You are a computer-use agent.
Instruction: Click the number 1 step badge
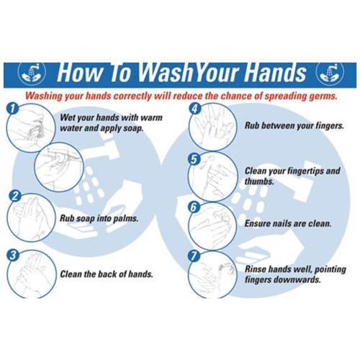tap(12, 109)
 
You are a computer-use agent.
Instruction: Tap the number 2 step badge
tap(15, 197)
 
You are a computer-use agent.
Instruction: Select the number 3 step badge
tap(13, 255)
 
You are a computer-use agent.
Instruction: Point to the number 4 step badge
tap(194, 109)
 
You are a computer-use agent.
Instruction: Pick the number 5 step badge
tap(194, 159)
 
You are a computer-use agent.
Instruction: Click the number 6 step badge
tap(194, 207)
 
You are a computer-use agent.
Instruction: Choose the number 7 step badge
tap(194, 256)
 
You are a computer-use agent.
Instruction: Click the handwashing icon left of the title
tap(32, 73)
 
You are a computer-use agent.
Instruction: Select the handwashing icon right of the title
tap(330, 73)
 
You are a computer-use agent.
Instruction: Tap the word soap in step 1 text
tap(132, 128)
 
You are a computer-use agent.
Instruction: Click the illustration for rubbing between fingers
tap(212, 127)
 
